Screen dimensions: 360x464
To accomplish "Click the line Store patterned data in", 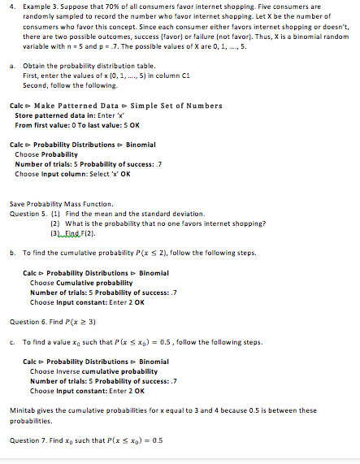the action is (59, 115).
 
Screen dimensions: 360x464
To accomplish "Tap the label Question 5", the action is (26, 192).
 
